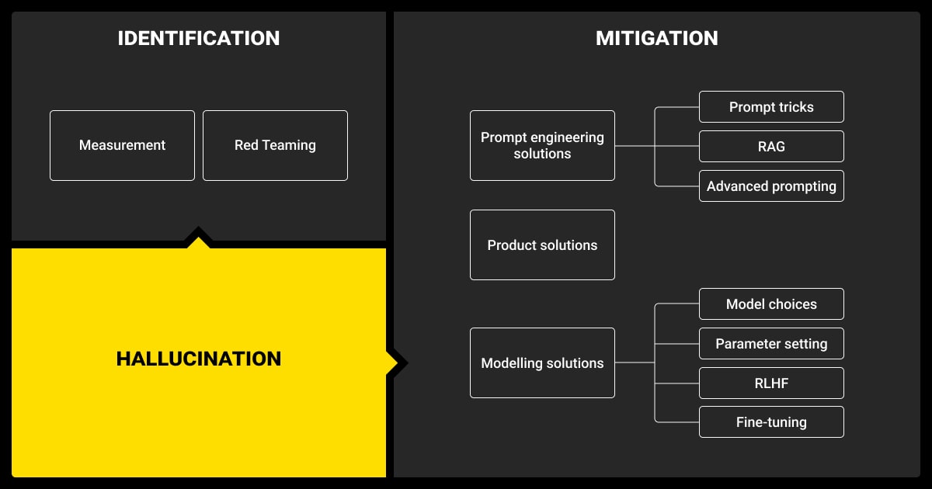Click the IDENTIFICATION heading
[x=199, y=38]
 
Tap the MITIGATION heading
[x=657, y=38]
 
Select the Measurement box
[x=122, y=145]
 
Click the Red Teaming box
[x=275, y=145]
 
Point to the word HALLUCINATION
[x=199, y=359]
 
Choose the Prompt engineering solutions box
[x=542, y=145]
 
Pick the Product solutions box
[x=542, y=244]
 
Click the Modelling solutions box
[x=542, y=362]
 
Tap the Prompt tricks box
[x=771, y=107]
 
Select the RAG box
[x=771, y=146]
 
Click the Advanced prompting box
[x=771, y=186]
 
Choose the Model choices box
[x=771, y=304]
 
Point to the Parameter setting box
[x=771, y=343]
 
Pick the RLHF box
[x=771, y=383]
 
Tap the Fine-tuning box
[x=771, y=422]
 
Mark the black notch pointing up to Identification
[x=199, y=238]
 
